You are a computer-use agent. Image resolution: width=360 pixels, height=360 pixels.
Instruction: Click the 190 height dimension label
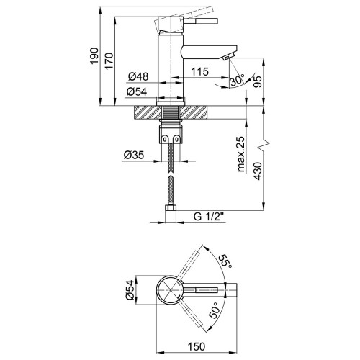[94, 55]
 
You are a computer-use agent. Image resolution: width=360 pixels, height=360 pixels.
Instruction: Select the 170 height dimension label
[109, 61]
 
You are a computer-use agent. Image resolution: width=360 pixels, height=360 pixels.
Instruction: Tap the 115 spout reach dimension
[200, 71]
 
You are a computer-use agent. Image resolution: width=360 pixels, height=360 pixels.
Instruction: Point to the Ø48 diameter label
[138, 76]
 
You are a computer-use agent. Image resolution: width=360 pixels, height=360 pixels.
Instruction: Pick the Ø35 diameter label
[134, 155]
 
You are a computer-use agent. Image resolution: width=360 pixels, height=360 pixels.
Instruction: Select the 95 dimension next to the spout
[257, 82]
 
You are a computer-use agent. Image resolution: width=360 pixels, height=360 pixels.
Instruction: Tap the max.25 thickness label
[241, 154]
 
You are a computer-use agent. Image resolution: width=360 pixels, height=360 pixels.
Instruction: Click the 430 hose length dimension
[258, 171]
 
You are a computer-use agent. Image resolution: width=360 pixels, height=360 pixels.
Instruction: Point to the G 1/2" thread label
[209, 217]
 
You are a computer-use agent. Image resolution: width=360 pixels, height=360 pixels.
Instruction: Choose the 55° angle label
[225, 261]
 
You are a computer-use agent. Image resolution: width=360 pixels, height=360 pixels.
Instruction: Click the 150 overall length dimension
[197, 346]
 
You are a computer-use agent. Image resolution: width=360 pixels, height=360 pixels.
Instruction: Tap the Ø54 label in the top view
[129, 290]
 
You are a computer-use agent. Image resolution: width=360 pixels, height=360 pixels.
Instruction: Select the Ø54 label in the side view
[137, 91]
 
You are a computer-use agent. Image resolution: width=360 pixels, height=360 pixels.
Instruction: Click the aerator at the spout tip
[228, 57]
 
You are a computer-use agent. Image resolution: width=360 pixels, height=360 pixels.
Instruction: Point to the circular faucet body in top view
[170, 290]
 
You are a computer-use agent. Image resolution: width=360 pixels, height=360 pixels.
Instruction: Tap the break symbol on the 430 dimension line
[264, 145]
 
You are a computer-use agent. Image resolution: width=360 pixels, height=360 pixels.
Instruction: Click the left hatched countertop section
[147, 112]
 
